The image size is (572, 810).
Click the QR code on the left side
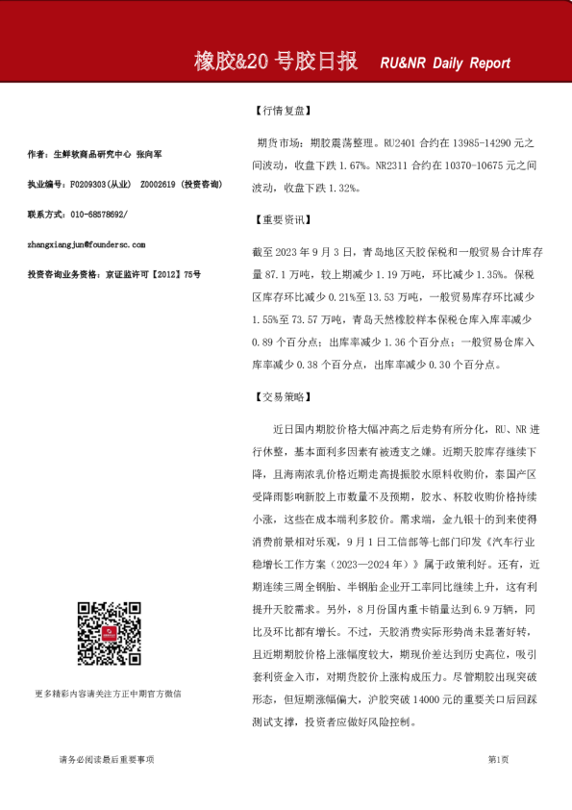[105, 633]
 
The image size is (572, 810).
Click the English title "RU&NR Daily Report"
[445, 63]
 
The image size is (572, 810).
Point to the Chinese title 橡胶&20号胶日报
[276, 63]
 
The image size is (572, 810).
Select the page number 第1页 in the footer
[498, 759]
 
